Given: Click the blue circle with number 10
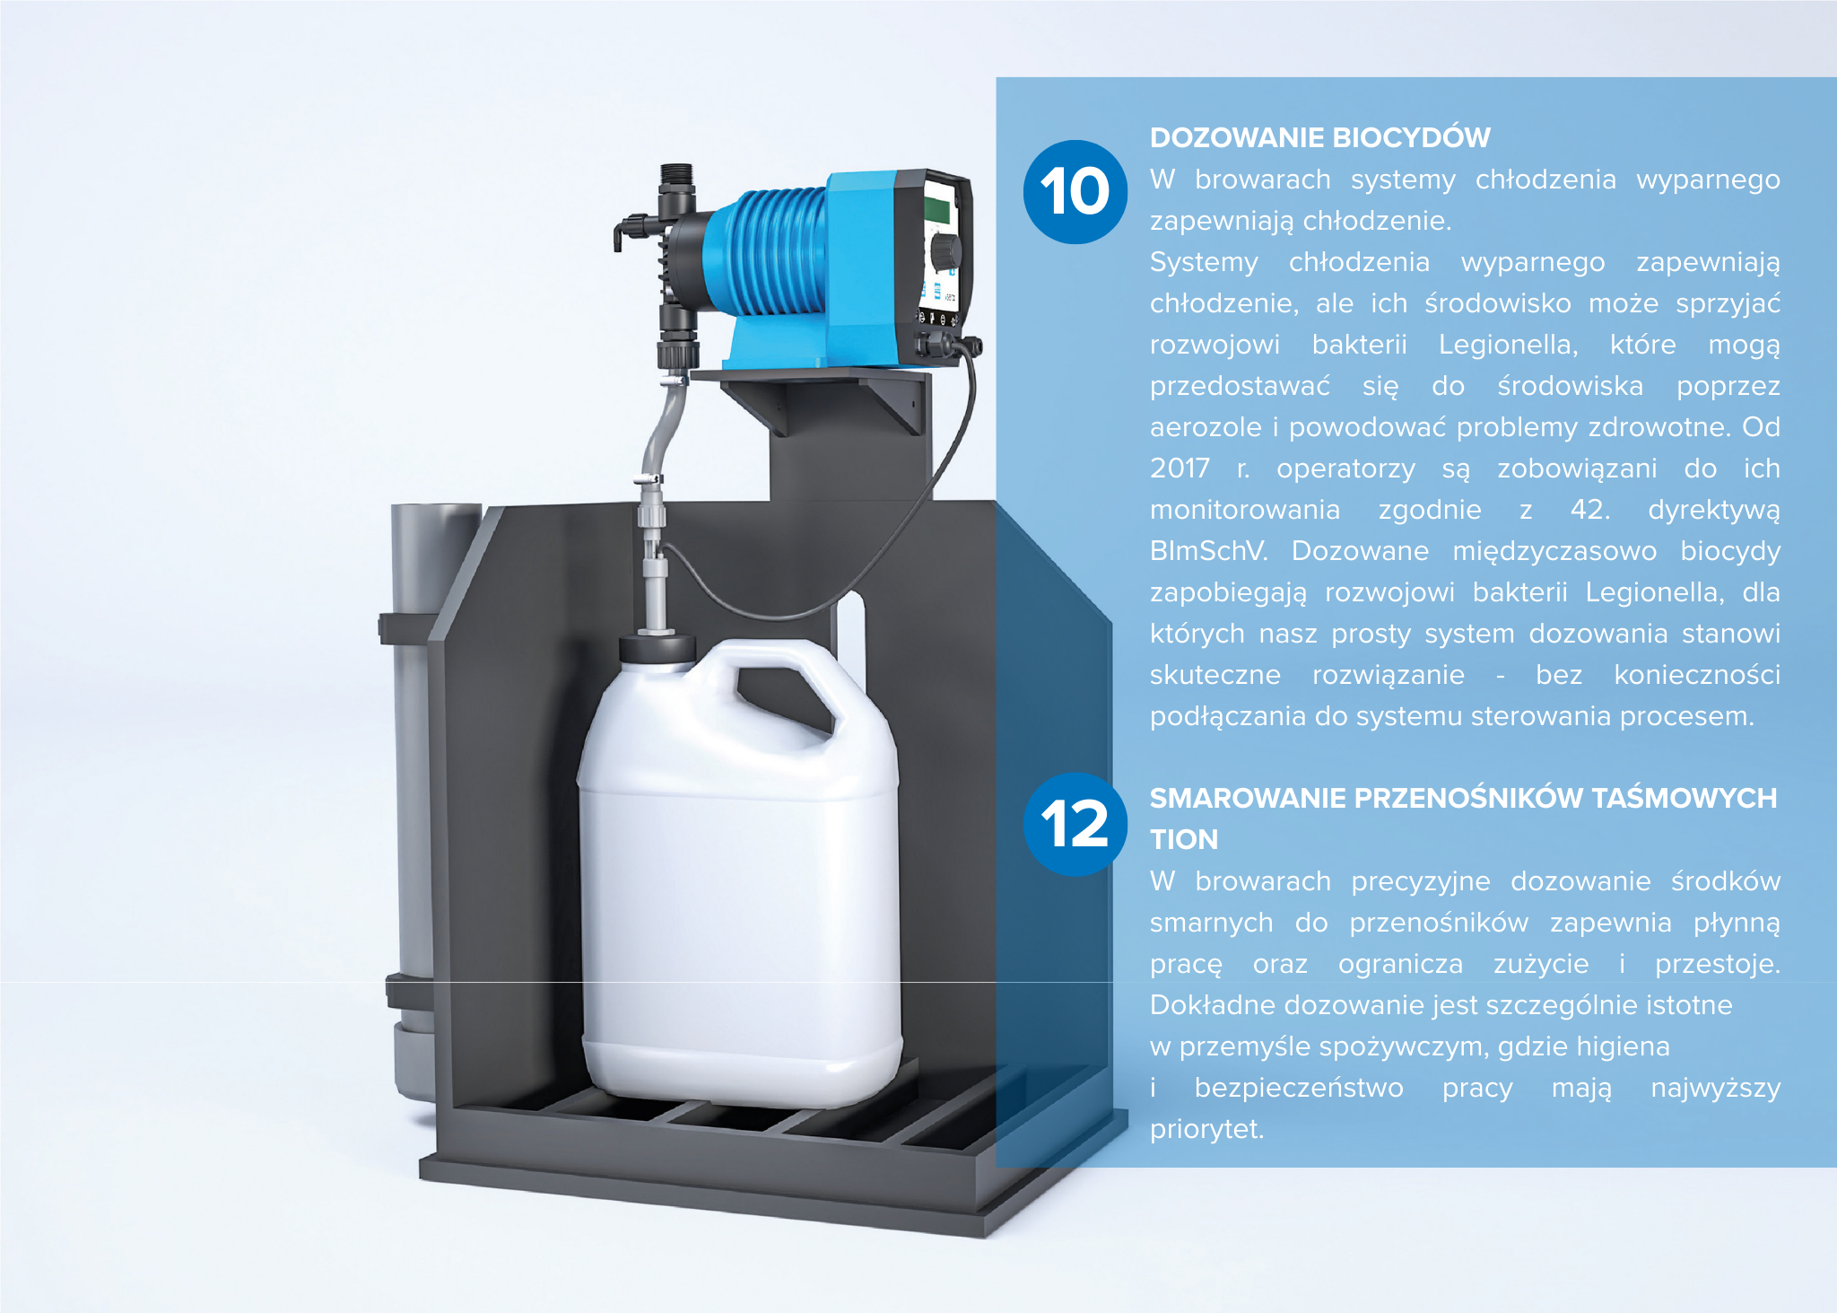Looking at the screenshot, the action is (x=1075, y=192).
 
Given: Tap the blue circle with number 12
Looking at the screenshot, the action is (x=1075, y=824).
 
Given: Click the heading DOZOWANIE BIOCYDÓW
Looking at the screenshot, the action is (x=1319, y=137).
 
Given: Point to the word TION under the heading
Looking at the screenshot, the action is (x=1184, y=839).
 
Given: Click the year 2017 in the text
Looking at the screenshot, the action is (x=1180, y=468).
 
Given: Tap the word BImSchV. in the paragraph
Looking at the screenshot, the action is (x=1209, y=551).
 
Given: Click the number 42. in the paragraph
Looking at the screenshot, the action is (x=1590, y=510).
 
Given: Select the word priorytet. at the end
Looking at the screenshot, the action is (x=1206, y=1130).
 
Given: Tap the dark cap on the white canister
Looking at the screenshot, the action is (x=657, y=648).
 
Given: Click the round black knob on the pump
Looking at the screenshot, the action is (x=945, y=251).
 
